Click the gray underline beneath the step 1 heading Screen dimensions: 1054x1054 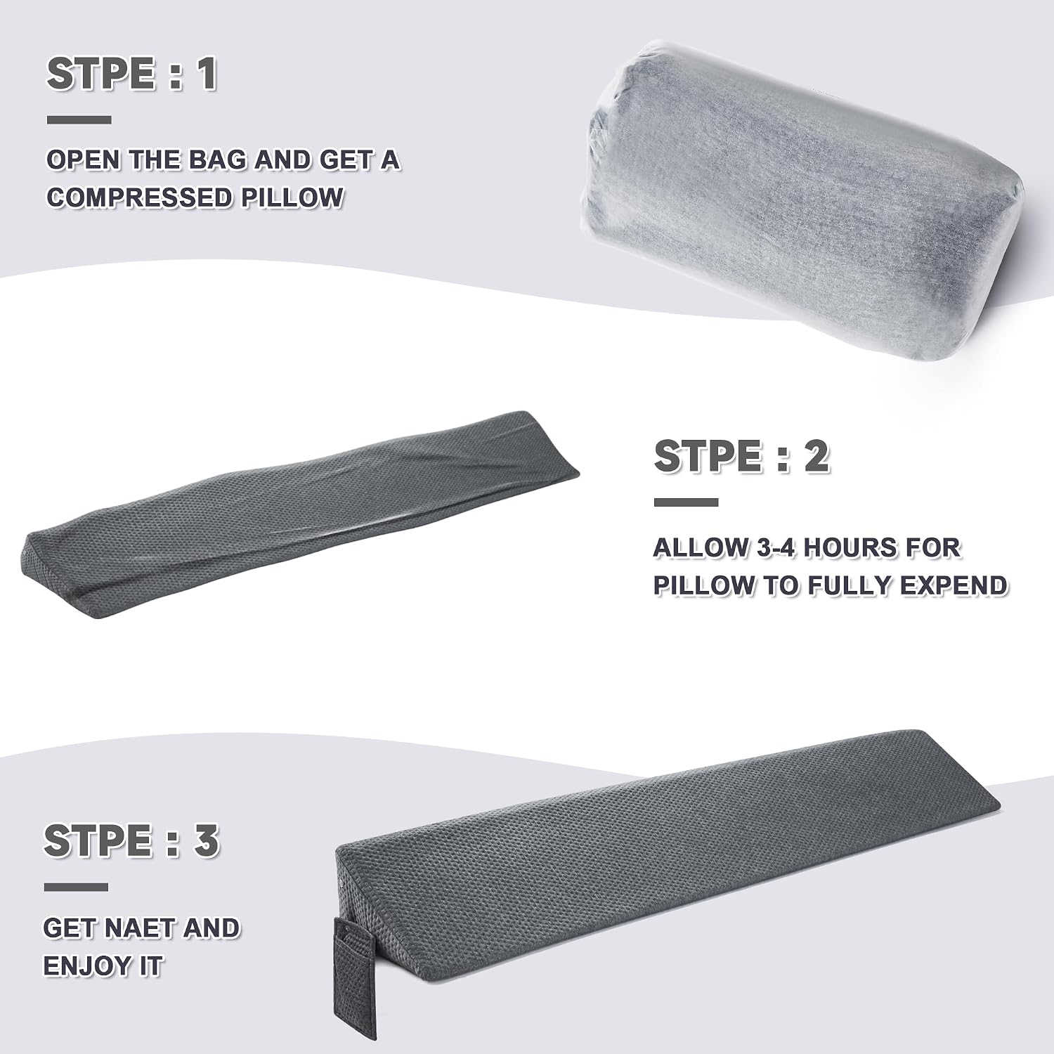79,120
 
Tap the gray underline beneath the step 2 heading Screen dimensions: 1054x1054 686,502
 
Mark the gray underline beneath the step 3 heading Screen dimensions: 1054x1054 76,887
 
